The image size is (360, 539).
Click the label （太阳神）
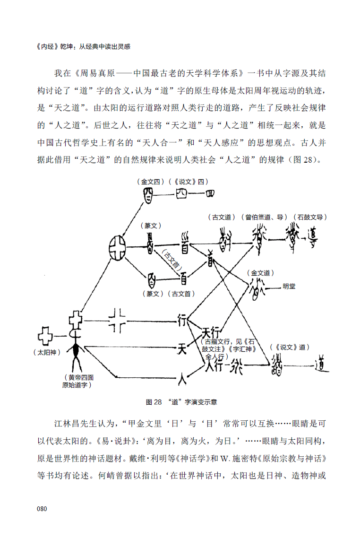pyautogui.click(x=48, y=352)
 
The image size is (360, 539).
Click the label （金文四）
pyautogui.click(x=151, y=181)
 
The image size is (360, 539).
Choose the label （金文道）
pyautogui.click(x=261, y=273)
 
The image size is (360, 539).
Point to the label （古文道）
pyautogui.click(x=222, y=217)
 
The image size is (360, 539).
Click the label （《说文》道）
pyautogui.click(x=290, y=347)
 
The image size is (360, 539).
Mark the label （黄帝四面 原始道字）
pyautogui.click(x=77, y=381)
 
